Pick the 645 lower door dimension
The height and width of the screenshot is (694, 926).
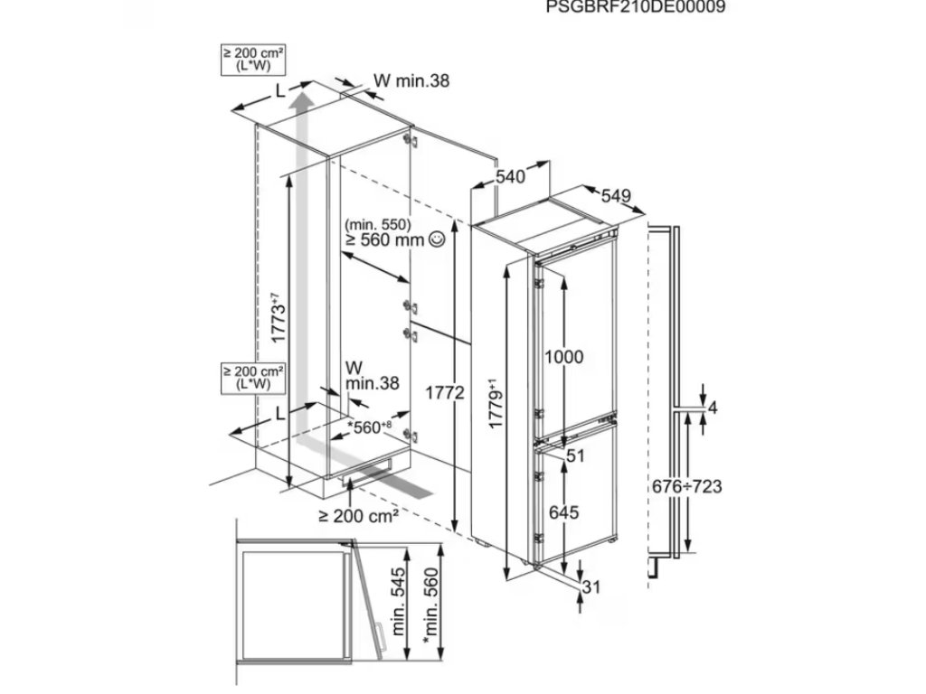(x=562, y=512)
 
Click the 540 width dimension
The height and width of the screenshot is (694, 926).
(x=511, y=178)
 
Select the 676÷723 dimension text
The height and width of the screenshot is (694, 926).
(x=687, y=487)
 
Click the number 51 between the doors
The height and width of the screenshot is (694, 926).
(x=576, y=456)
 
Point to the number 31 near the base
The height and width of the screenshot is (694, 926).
(x=591, y=587)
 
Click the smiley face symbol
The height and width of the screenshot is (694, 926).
(x=438, y=239)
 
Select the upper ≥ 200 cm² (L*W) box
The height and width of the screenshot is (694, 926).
(x=252, y=60)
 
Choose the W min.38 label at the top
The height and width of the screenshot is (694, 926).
(x=411, y=80)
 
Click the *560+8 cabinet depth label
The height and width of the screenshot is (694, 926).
(x=370, y=427)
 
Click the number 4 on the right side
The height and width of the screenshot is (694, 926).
(x=712, y=408)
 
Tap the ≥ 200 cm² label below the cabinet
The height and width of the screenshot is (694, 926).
(x=359, y=516)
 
